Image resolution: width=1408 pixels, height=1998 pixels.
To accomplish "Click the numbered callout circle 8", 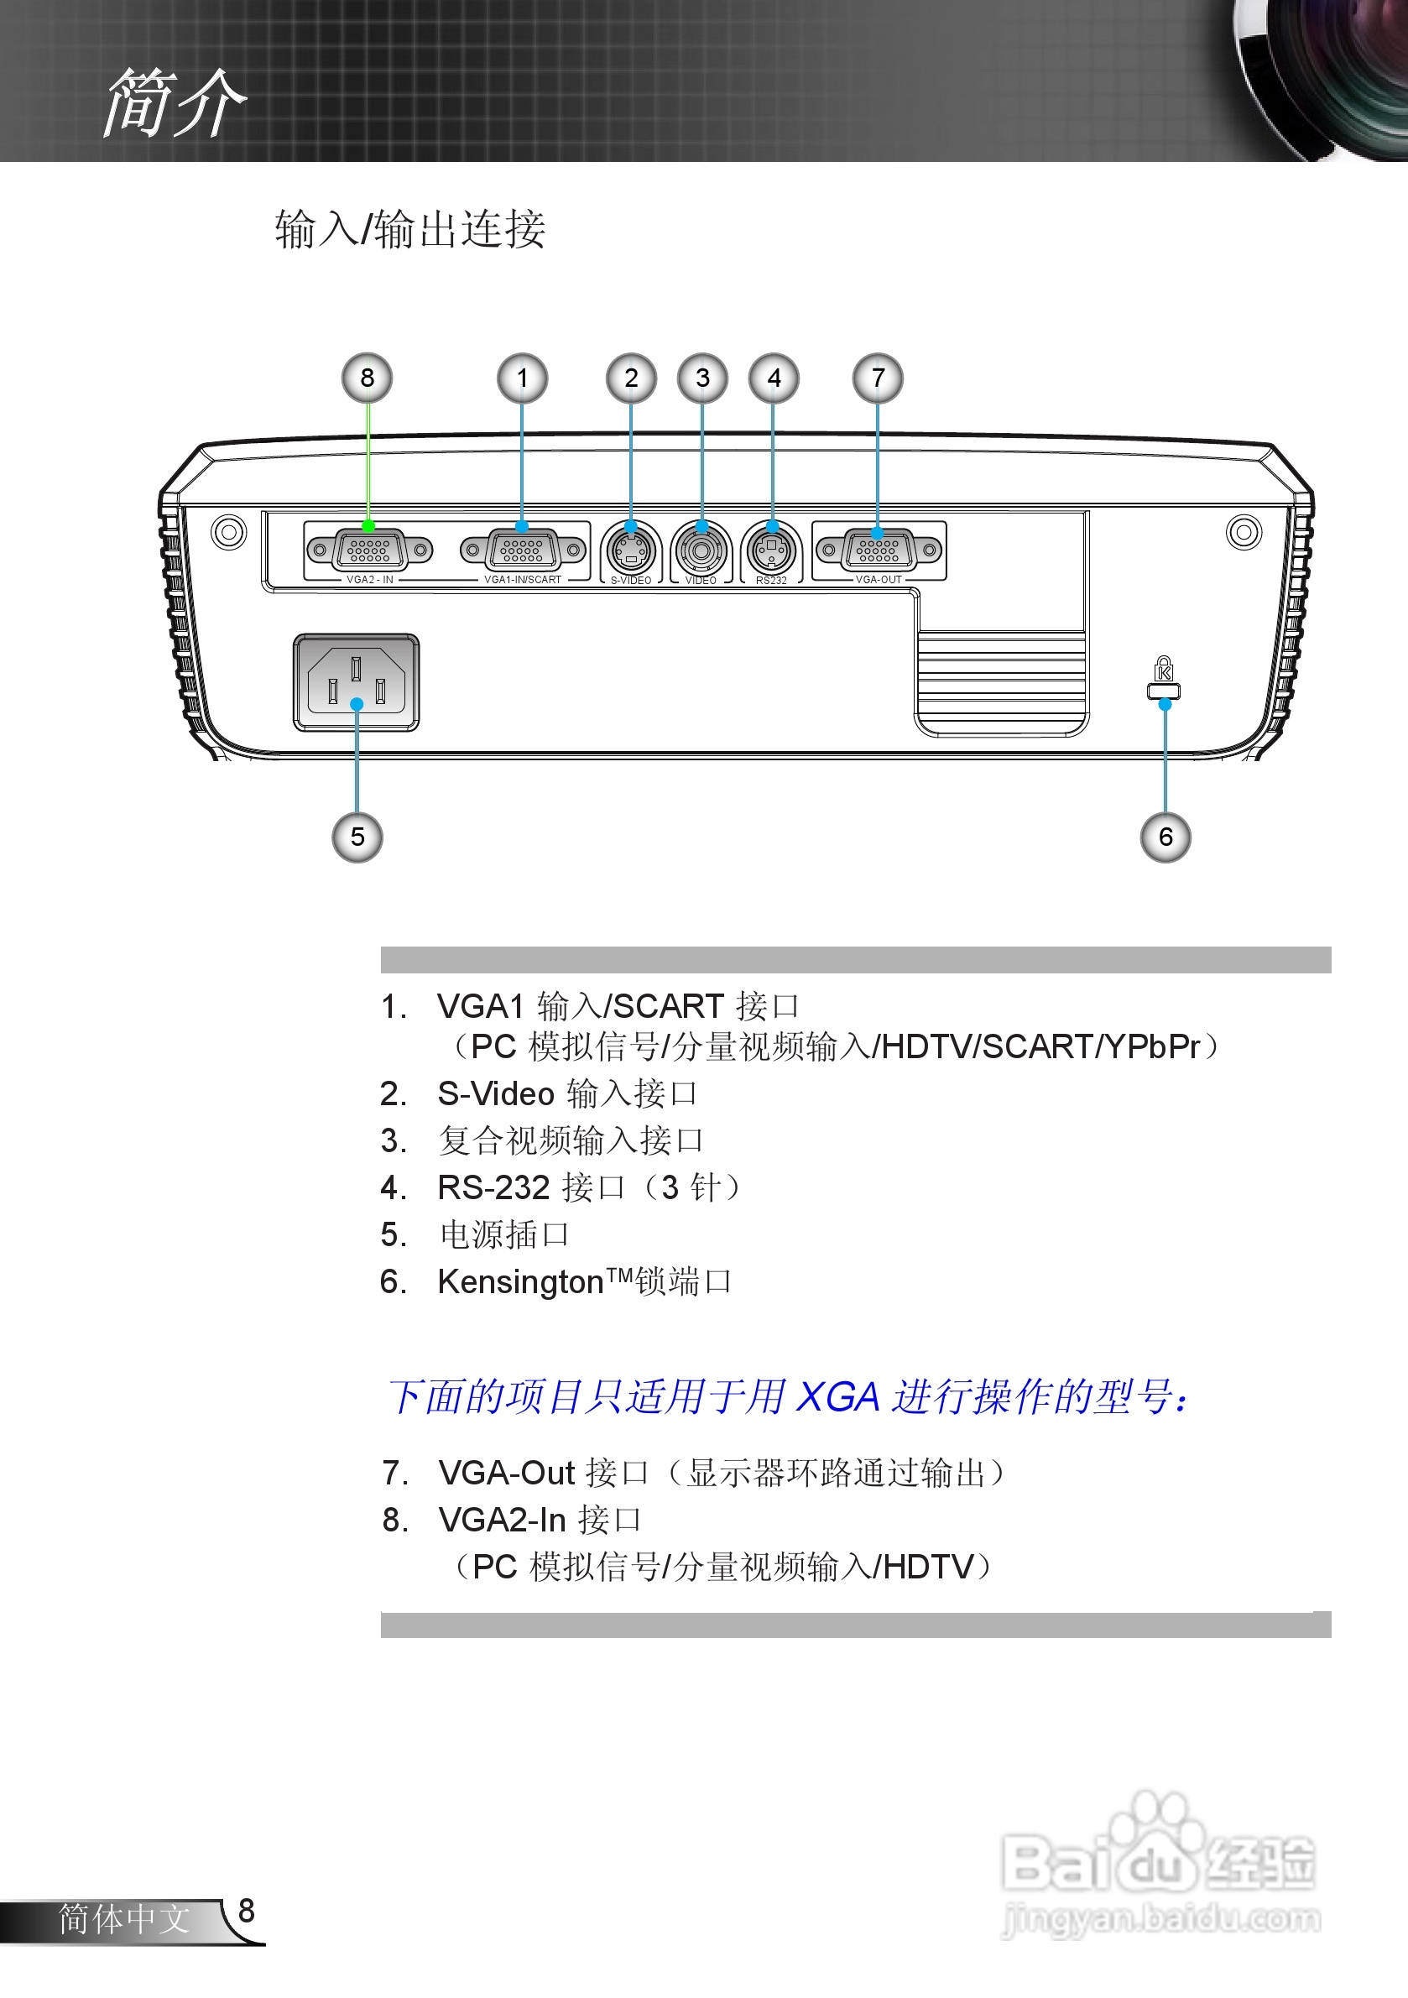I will pyautogui.click(x=367, y=378).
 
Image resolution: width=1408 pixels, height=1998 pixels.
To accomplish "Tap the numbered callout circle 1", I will pyautogui.click(x=522, y=378).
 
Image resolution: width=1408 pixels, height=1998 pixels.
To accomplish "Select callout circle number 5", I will pyautogui.click(x=357, y=837).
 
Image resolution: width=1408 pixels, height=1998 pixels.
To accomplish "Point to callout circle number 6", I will pyautogui.click(x=1166, y=837).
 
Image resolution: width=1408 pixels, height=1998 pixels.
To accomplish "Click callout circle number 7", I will pyautogui.click(x=877, y=378).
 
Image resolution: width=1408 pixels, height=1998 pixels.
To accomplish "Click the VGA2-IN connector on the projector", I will pyautogui.click(x=369, y=550).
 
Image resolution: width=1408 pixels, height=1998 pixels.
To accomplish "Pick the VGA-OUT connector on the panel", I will pyautogui.click(x=878, y=550).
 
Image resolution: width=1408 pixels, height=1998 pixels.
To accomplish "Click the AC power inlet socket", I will pyautogui.click(x=356, y=683).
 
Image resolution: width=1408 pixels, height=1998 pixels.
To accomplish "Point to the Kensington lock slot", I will pyautogui.click(x=1164, y=691).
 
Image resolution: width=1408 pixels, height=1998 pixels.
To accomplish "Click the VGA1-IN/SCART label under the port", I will pyautogui.click(x=522, y=580).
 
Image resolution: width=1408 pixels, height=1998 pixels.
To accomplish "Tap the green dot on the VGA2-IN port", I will pyautogui.click(x=368, y=526).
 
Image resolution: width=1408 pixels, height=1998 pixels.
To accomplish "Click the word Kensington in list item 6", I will pyautogui.click(x=520, y=1282).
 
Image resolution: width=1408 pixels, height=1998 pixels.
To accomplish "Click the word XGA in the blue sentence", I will pyautogui.click(x=839, y=1397).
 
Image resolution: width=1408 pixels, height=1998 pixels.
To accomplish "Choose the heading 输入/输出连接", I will pyautogui.click(x=409, y=230).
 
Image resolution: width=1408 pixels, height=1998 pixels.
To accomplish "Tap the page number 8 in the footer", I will pyautogui.click(x=246, y=1910).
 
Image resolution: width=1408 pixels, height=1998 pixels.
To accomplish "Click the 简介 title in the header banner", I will pyautogui.click(x=175, y=102).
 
